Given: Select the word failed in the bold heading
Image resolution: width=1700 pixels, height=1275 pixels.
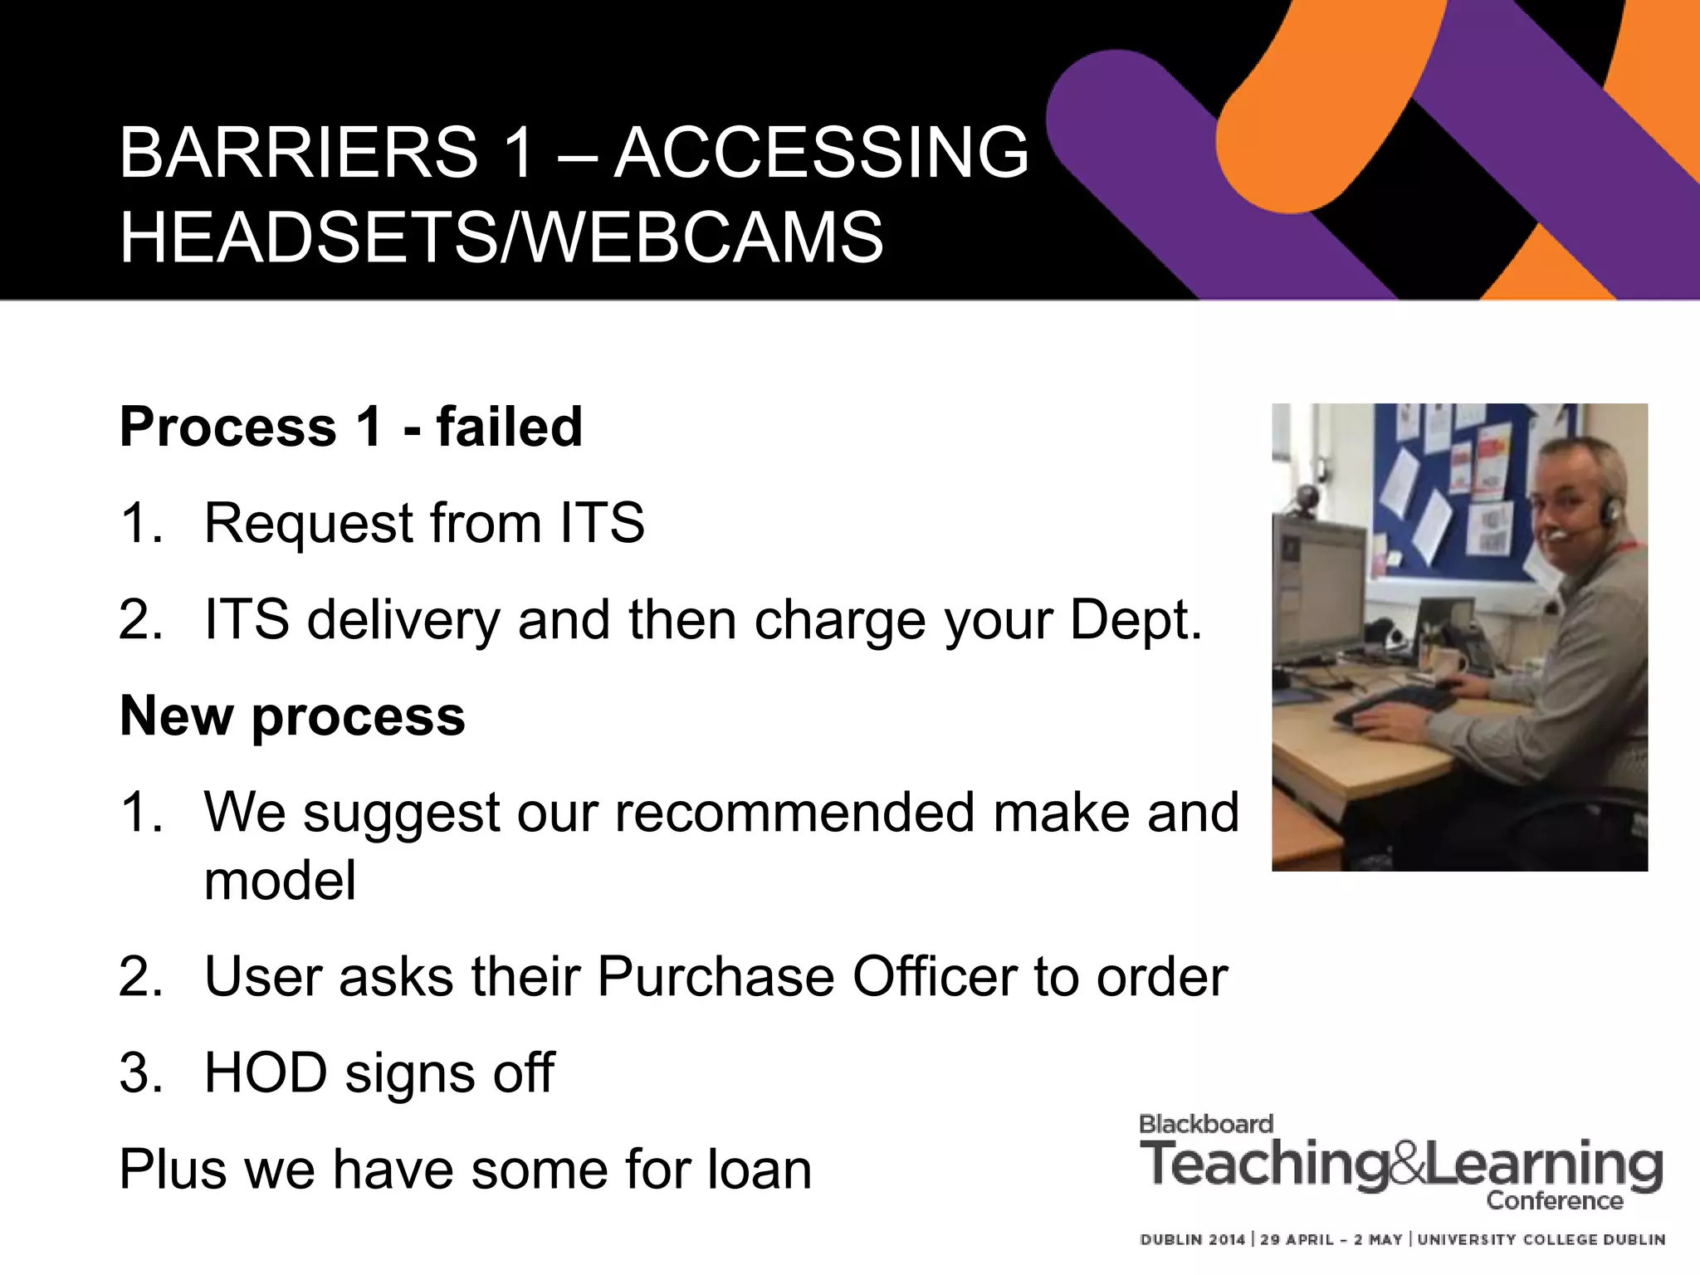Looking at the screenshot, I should point(509,427).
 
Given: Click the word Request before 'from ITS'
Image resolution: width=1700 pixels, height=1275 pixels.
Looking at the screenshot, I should point(308,524).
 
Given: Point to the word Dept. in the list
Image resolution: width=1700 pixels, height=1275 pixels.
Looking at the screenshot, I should point(1136,620).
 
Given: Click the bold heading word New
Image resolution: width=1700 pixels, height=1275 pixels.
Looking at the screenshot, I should point(175,716).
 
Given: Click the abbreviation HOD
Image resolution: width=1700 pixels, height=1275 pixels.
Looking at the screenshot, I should point(266,1072).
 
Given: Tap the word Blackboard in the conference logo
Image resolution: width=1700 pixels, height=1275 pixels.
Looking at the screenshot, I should point(1205,1124).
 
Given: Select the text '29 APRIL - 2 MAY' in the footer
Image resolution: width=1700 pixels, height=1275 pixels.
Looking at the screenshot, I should point(1331,1239).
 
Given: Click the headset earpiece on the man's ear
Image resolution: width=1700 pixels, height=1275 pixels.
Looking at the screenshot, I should point(1608,508).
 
